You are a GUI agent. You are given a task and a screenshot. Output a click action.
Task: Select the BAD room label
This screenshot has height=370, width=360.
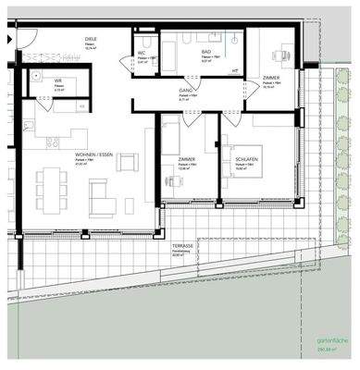[206, 53]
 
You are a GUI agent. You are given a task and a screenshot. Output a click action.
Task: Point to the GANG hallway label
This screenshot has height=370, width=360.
[186, 91]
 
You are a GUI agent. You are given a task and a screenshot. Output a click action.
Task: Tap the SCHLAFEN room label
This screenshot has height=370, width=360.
[243, 155]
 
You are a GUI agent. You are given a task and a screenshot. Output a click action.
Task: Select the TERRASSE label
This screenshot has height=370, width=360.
[180, 245]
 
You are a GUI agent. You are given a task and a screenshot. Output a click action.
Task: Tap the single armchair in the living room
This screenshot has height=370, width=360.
[127, 164]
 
